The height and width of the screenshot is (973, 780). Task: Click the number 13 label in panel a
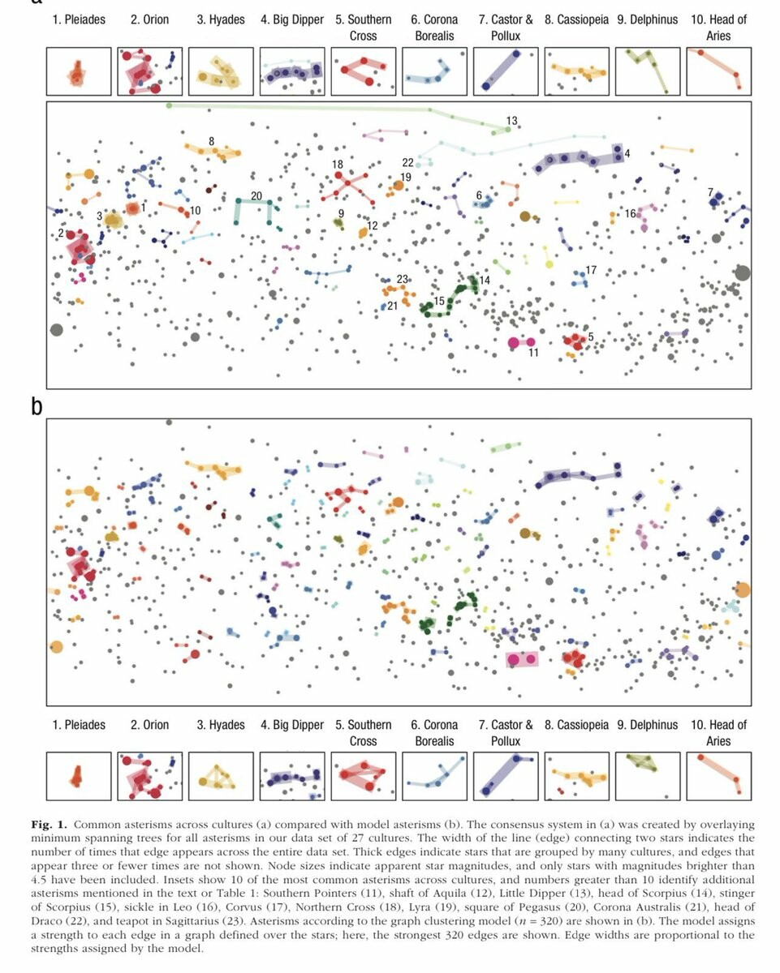[511, 121]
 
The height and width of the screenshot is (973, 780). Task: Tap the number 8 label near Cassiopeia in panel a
[212, 141]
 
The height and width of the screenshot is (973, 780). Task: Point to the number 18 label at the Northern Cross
[338, 165]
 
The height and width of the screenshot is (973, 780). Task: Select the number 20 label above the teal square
[256, 195]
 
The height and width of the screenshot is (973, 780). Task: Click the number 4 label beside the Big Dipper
[627, 152]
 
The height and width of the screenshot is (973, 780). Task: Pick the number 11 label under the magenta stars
[533, 353]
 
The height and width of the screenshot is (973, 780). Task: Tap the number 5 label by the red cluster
[590, 336]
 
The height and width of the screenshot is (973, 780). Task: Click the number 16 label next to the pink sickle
[630, 213]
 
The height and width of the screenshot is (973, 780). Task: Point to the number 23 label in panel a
[401, 279]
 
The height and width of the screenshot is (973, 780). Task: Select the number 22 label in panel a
[407, 163]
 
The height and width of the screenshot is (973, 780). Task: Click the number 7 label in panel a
[710, 192]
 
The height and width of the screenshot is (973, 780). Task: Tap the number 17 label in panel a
[590, 269]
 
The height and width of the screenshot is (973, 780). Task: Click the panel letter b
[36, 405]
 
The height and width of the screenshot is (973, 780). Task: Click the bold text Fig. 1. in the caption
[48, 825]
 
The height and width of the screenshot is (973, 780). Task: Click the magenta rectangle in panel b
[522, 659]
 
